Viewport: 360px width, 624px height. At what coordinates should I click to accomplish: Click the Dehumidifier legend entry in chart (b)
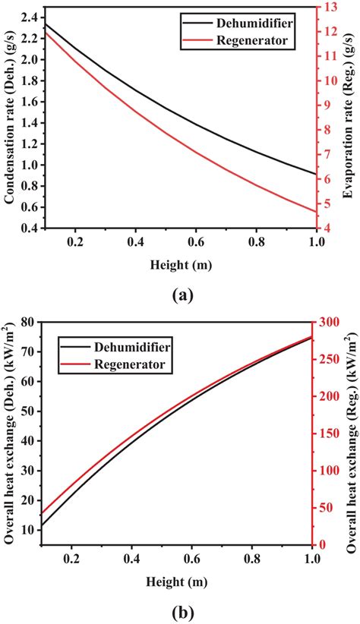[x=131, y=348]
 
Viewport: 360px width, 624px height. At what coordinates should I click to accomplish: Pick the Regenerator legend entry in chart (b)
[x=129, y=365]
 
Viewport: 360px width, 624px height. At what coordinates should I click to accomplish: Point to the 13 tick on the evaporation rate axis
[x=331, y=7]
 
